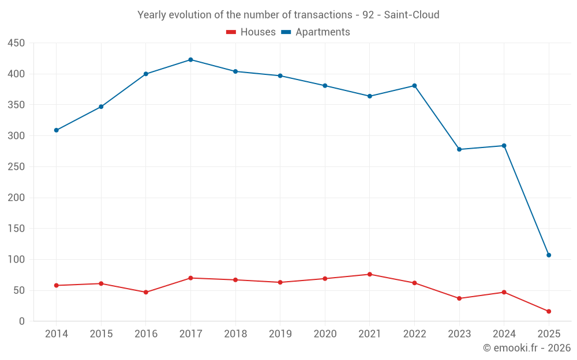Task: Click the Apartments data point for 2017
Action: click(190, 60)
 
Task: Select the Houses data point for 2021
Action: click(370, 274)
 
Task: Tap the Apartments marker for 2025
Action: click(549, 255)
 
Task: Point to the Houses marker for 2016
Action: click(146, 292)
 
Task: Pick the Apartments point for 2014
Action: click(57, 130)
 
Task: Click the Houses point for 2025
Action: click(549, 312)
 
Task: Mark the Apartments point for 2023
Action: click(459, 149)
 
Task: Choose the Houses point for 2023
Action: click(459, 298)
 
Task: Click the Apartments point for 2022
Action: click(414, 86)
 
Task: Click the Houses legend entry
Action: click(250, 32)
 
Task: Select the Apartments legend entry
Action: click(316, 32)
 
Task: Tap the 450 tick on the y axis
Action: click(16, 43)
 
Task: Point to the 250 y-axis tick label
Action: click(16, 167)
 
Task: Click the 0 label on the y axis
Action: click(22, 321)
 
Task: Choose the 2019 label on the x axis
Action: click(280, 334)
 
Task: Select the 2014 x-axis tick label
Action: click(57, 334)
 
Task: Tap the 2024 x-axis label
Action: click(504, 334)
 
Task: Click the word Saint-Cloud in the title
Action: click(413, 15)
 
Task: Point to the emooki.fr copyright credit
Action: click(527, 348)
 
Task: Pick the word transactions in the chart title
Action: click(323, 15)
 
